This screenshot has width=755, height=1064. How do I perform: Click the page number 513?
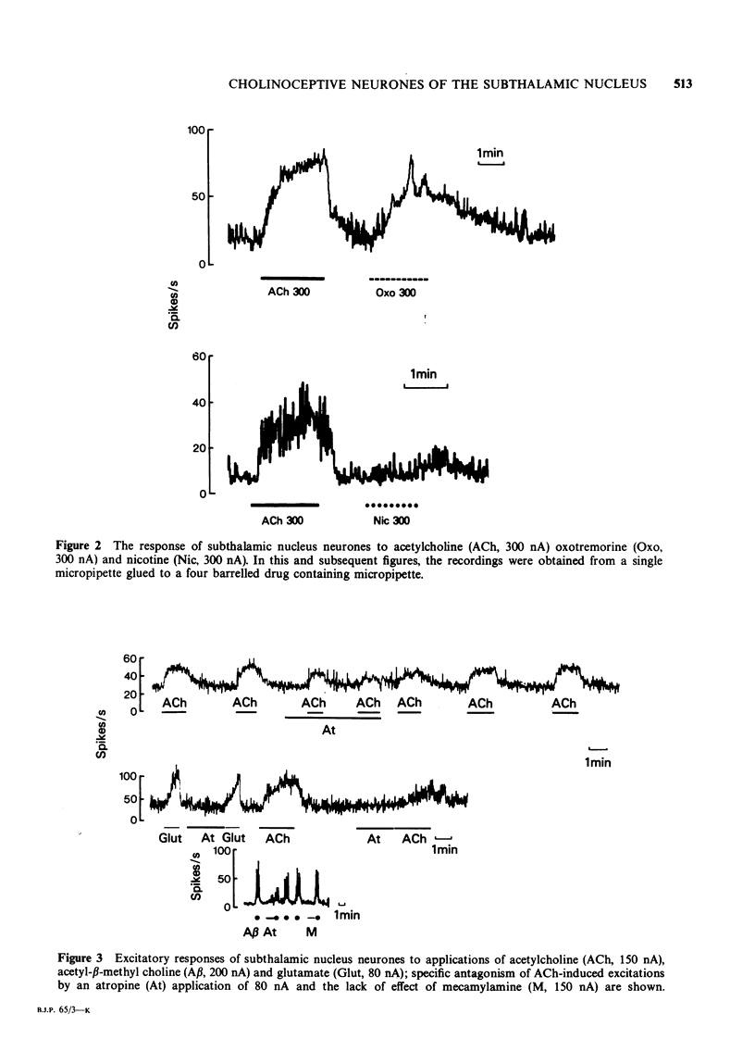point(683,85)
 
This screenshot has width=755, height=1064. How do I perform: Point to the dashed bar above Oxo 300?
point(398,278)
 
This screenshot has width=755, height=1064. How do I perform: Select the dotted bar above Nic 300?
point(393,506)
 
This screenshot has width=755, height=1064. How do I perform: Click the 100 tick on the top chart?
point(196,131)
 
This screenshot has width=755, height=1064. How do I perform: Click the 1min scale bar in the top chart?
point(489,164)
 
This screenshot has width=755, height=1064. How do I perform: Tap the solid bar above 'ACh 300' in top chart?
point(292,277)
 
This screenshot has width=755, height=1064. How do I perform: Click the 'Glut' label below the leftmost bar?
point(169,839)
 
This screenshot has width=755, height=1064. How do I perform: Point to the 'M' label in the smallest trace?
point(311,931)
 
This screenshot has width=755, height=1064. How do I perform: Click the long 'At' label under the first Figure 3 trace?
point(328,731)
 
